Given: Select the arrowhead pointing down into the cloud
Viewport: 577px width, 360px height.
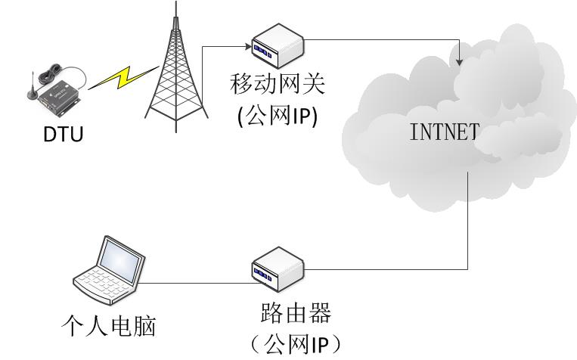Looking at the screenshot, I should [x=461, y=60].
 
